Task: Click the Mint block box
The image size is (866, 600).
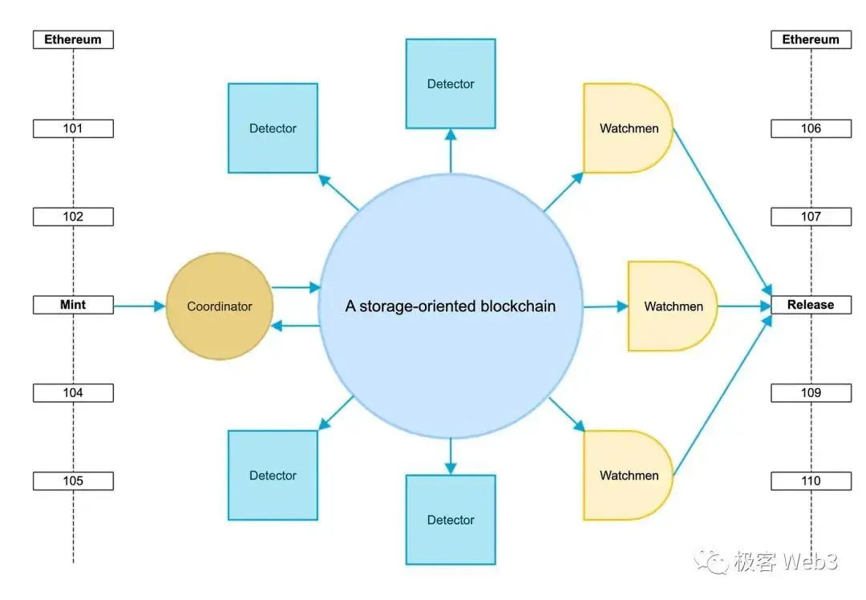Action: (73, 305)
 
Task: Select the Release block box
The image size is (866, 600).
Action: (811, 305)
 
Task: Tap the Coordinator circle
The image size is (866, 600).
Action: (220, 306)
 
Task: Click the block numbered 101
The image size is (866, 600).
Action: (73, 128)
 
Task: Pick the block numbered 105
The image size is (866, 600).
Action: (73, 481)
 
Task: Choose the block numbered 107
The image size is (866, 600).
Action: (811, 217)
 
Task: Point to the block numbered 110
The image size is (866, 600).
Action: (811, 481)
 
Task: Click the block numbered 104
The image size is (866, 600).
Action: (73, 393)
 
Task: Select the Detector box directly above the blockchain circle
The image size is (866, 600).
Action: (451, 83)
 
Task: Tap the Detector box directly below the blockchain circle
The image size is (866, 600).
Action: (451, 520)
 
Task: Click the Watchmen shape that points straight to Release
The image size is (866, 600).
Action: (672, 306)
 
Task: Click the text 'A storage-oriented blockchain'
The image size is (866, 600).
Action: (450, 306)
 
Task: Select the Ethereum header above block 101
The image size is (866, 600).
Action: (73, 39)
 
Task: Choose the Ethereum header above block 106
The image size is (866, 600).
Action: (811, 39)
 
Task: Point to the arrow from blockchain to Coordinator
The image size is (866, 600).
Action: (296, 326)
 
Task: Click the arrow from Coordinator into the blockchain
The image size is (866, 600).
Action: (296, 286)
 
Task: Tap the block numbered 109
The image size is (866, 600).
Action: (811, 393)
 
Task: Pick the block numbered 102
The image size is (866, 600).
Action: (73, 217)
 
